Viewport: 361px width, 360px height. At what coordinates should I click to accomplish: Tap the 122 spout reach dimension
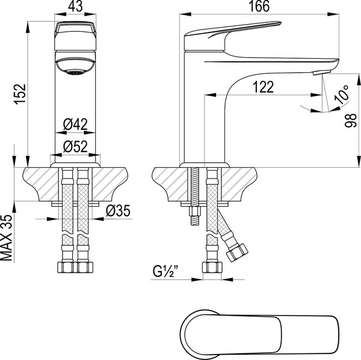(262, 87)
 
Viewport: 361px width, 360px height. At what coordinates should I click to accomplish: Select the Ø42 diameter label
(75, 125)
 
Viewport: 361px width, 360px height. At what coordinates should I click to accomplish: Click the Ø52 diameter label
(75, 145)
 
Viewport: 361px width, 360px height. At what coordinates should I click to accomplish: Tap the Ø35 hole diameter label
(116, 211)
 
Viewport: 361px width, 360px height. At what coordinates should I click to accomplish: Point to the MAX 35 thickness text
(8, 238)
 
